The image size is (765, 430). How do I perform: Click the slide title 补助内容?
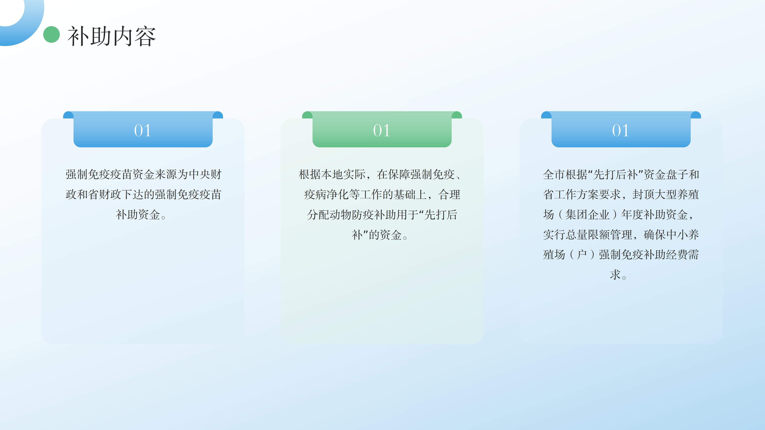(112, 36)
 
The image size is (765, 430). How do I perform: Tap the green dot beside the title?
(51, 34)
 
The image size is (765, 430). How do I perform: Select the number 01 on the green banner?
(382, 131)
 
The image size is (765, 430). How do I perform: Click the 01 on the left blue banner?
(143, 131)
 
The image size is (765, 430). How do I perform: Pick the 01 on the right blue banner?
(621, 131)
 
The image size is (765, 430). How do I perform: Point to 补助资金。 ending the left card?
(141, 215)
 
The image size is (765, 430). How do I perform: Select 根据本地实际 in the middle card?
(332, 175)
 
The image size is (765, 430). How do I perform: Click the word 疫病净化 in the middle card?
(326, 195)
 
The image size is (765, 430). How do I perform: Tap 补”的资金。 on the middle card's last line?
(380, 235)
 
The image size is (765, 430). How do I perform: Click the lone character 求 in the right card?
(615, 275)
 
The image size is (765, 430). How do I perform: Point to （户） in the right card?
(582, 255)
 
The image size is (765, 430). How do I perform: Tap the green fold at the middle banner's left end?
(307, 115)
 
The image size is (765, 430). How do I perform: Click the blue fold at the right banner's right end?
(696, 115)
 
